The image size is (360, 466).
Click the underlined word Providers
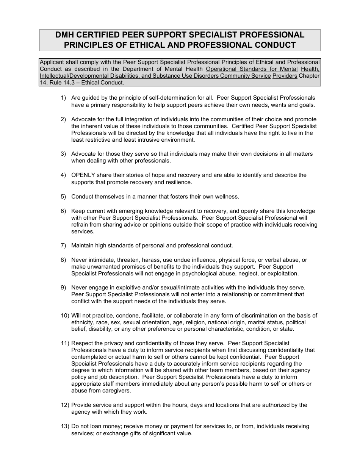point(285,76)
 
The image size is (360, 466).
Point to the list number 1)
point(64,98)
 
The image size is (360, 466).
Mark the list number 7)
point(64,246)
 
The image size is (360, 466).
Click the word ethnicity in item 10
point(82,322)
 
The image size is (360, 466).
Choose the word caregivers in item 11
point(117,391)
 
